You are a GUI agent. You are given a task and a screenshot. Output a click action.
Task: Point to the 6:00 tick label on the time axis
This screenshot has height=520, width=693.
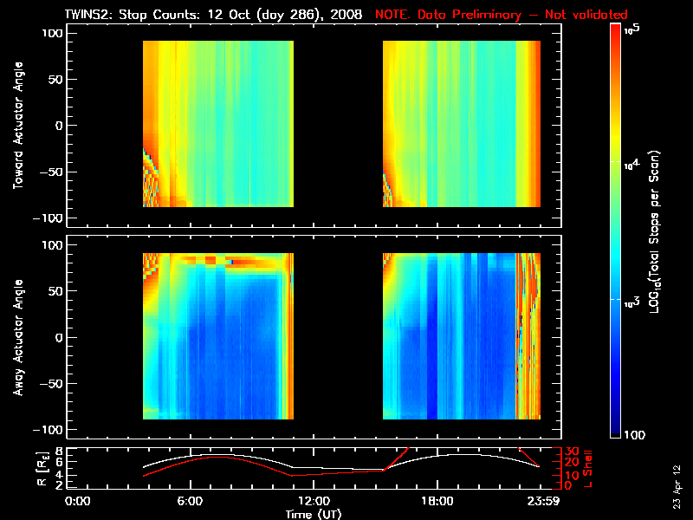click(190, 501)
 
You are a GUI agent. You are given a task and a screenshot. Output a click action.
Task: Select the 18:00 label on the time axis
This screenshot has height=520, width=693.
click(436, 501)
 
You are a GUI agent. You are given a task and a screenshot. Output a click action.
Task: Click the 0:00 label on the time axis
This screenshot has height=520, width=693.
click(78, 501)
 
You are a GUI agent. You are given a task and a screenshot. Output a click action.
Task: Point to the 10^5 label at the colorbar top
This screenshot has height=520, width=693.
click(631, 29)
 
